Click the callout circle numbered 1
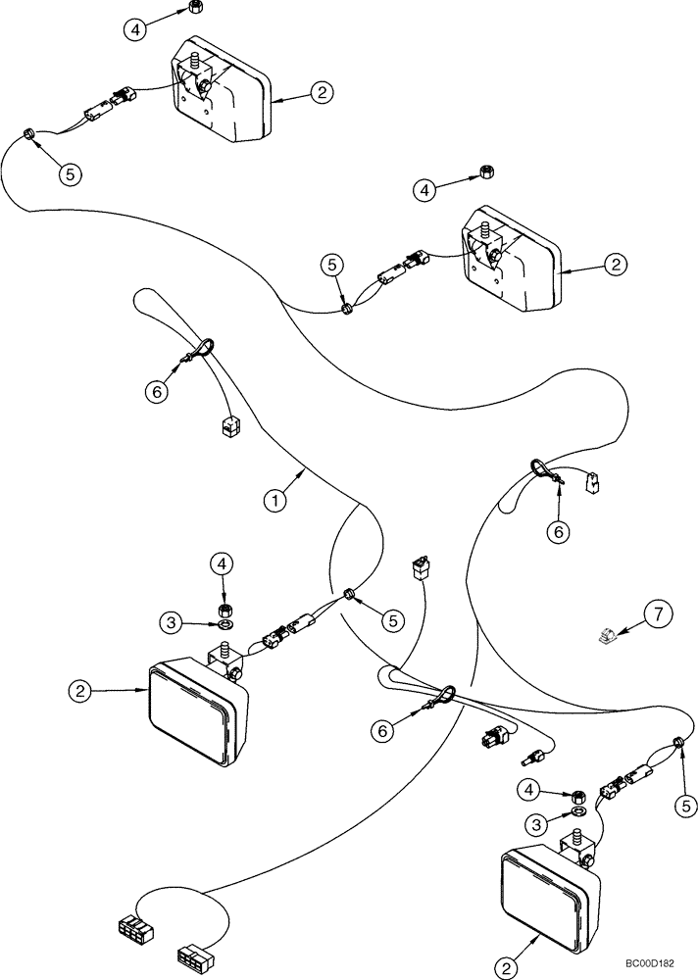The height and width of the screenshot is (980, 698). pos(276,500)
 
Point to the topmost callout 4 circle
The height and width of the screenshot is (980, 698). pos(136,28)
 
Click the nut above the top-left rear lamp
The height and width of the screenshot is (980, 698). pos(193,10)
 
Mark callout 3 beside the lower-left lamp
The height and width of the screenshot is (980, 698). pos(172,621)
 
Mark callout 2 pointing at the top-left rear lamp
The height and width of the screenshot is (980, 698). pos(322,93)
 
